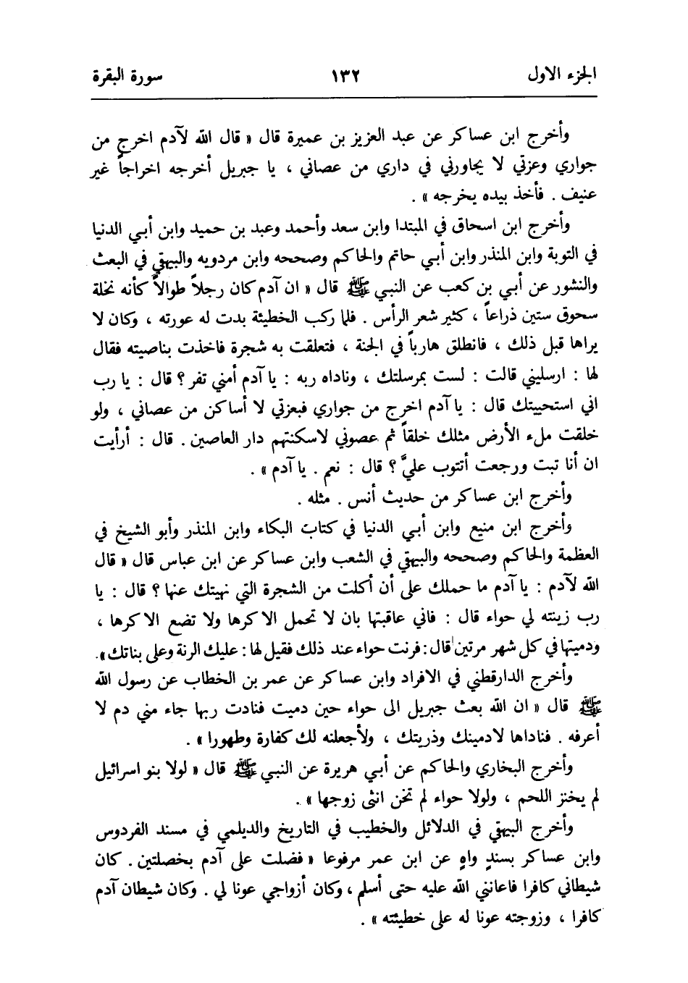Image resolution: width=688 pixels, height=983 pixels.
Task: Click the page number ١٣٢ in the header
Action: click(346, 74)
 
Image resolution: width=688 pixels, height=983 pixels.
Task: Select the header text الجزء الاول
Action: click(565, 74)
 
